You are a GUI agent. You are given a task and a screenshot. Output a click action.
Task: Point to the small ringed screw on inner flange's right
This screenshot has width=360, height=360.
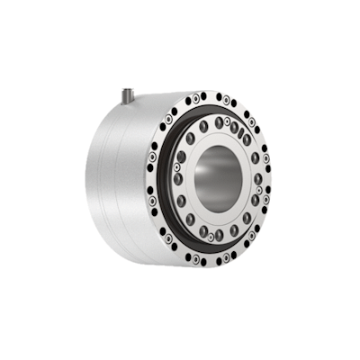coord(258,189)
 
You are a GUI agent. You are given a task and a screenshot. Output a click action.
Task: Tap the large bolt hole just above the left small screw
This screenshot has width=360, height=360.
coord(182,156)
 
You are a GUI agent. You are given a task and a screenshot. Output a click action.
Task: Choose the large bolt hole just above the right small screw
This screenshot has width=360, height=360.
coord(256,177)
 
